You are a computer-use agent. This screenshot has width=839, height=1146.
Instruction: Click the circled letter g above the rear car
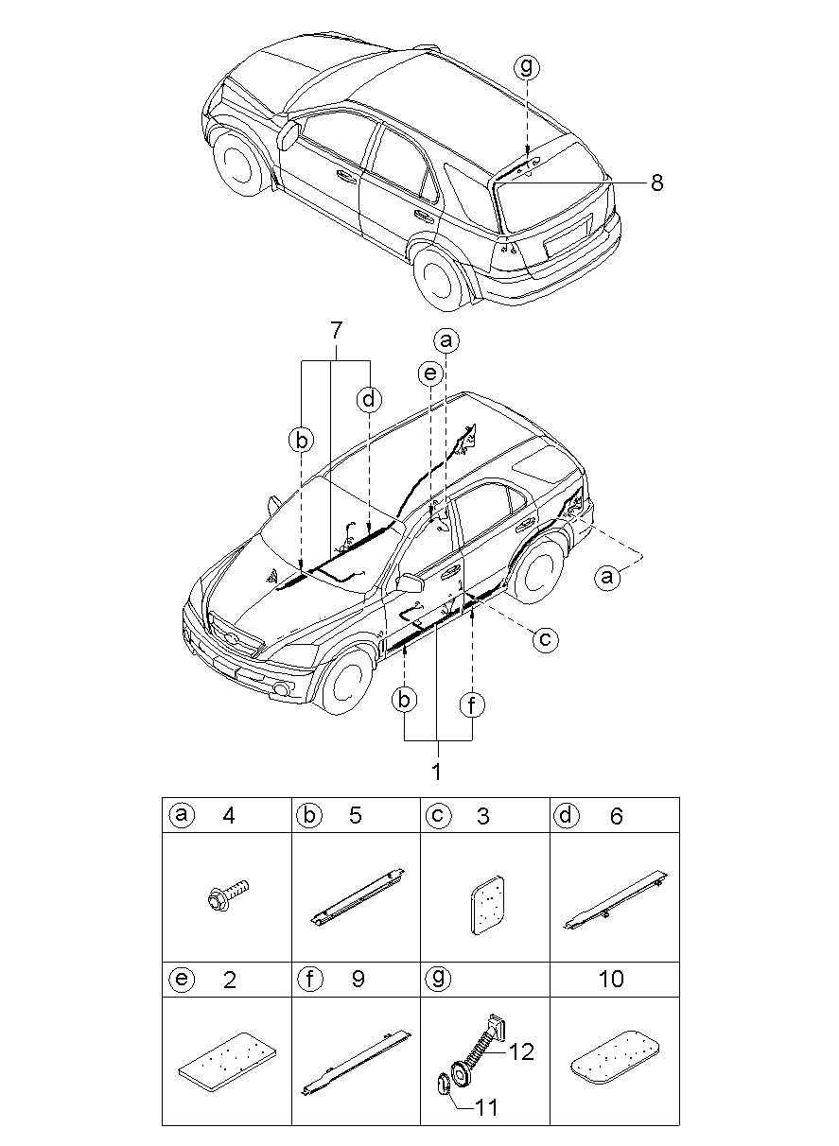point(527,66)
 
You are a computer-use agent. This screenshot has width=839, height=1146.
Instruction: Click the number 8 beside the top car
point(656,182)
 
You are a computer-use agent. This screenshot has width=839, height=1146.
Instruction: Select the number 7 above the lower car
point(335,331)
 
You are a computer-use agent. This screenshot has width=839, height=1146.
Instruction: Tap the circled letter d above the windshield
point(369,398)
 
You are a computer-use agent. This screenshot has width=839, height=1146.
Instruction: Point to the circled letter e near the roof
point(430,373)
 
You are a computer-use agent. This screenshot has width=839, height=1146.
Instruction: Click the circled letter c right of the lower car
point(545,639)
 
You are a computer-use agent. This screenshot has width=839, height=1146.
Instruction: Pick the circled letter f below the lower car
point(471,705)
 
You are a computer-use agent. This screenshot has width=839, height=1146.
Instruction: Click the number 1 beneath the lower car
point(437,772)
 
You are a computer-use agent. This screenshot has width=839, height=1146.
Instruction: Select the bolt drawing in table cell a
point(227,899)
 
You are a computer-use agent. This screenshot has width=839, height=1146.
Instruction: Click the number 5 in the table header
point(356,815)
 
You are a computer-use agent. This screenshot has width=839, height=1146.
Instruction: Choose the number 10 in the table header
point(611,979)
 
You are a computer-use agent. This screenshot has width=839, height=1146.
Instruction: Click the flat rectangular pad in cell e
point(227,1060)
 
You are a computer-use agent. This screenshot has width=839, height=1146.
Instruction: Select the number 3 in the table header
point(482,815)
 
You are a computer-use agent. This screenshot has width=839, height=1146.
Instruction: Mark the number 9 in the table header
point(358,979)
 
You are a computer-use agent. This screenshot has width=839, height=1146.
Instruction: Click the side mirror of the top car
point(289,135)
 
